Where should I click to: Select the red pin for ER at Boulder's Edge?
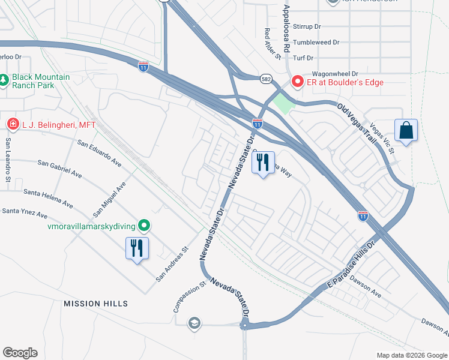coord(297,82)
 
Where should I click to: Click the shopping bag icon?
coord(406,130)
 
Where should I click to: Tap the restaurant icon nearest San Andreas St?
coord(137,247)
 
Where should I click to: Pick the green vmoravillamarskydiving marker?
coord(143,226)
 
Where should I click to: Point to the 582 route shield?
coord(267,79)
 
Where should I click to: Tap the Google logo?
coord(20,353)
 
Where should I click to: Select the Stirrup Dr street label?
coord(307,27)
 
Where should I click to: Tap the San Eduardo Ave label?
coord(99,154)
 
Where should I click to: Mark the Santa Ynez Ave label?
coord(25,212)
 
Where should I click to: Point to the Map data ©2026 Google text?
coord(411,355)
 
